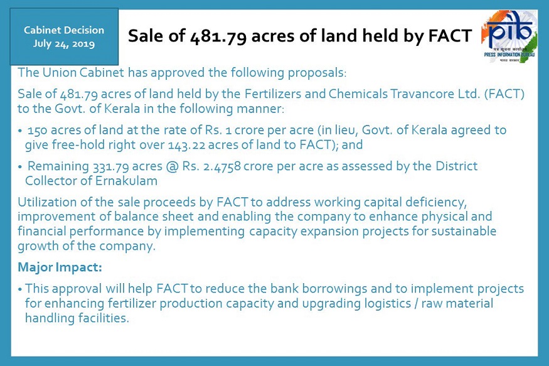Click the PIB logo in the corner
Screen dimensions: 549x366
(509, 37)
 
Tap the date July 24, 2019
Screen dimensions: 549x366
(64, 44)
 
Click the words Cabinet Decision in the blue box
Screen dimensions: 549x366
(64, 30)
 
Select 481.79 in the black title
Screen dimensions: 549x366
(218, 36)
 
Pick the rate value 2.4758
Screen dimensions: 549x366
(222, 166)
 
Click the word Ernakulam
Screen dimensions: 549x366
(126, 181)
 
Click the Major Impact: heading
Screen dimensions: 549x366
(60, 267)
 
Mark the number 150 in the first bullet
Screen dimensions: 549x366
(37, 131)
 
